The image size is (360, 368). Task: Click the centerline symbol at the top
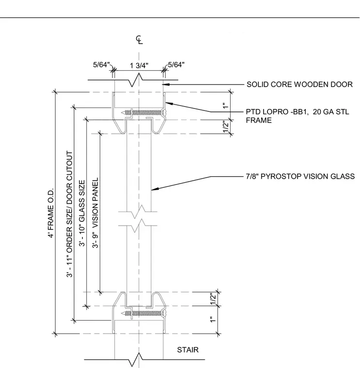tap(139, 40)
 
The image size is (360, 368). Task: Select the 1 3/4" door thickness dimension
tap(139, 65)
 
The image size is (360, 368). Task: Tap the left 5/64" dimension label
tap(101, 64)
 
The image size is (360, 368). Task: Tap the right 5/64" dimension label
tap(176, 64)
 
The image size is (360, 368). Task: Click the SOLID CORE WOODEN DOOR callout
tap(299, 84)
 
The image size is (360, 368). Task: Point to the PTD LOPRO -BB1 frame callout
tap(297, 116)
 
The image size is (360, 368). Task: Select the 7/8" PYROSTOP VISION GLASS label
tap(300, 176)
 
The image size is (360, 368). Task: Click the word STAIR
tap(188, 350)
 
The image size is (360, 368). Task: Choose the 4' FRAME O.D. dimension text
tap(51, 213)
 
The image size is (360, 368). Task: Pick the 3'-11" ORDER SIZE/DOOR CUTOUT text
tap(69, 214)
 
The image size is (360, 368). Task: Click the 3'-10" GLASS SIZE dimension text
tap(82, 213)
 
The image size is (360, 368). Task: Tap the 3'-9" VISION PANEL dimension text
tap(95, 213)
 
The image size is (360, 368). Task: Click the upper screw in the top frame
tap(144, 113)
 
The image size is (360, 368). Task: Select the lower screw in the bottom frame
tap(144, 313)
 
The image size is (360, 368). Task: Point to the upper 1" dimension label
tap(225, 106)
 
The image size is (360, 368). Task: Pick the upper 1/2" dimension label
tap(225, 126)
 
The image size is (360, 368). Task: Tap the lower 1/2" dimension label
tap(213, 299)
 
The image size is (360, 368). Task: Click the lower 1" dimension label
tap(213, 320)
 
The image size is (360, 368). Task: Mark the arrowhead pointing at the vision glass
tap(155, 189)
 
